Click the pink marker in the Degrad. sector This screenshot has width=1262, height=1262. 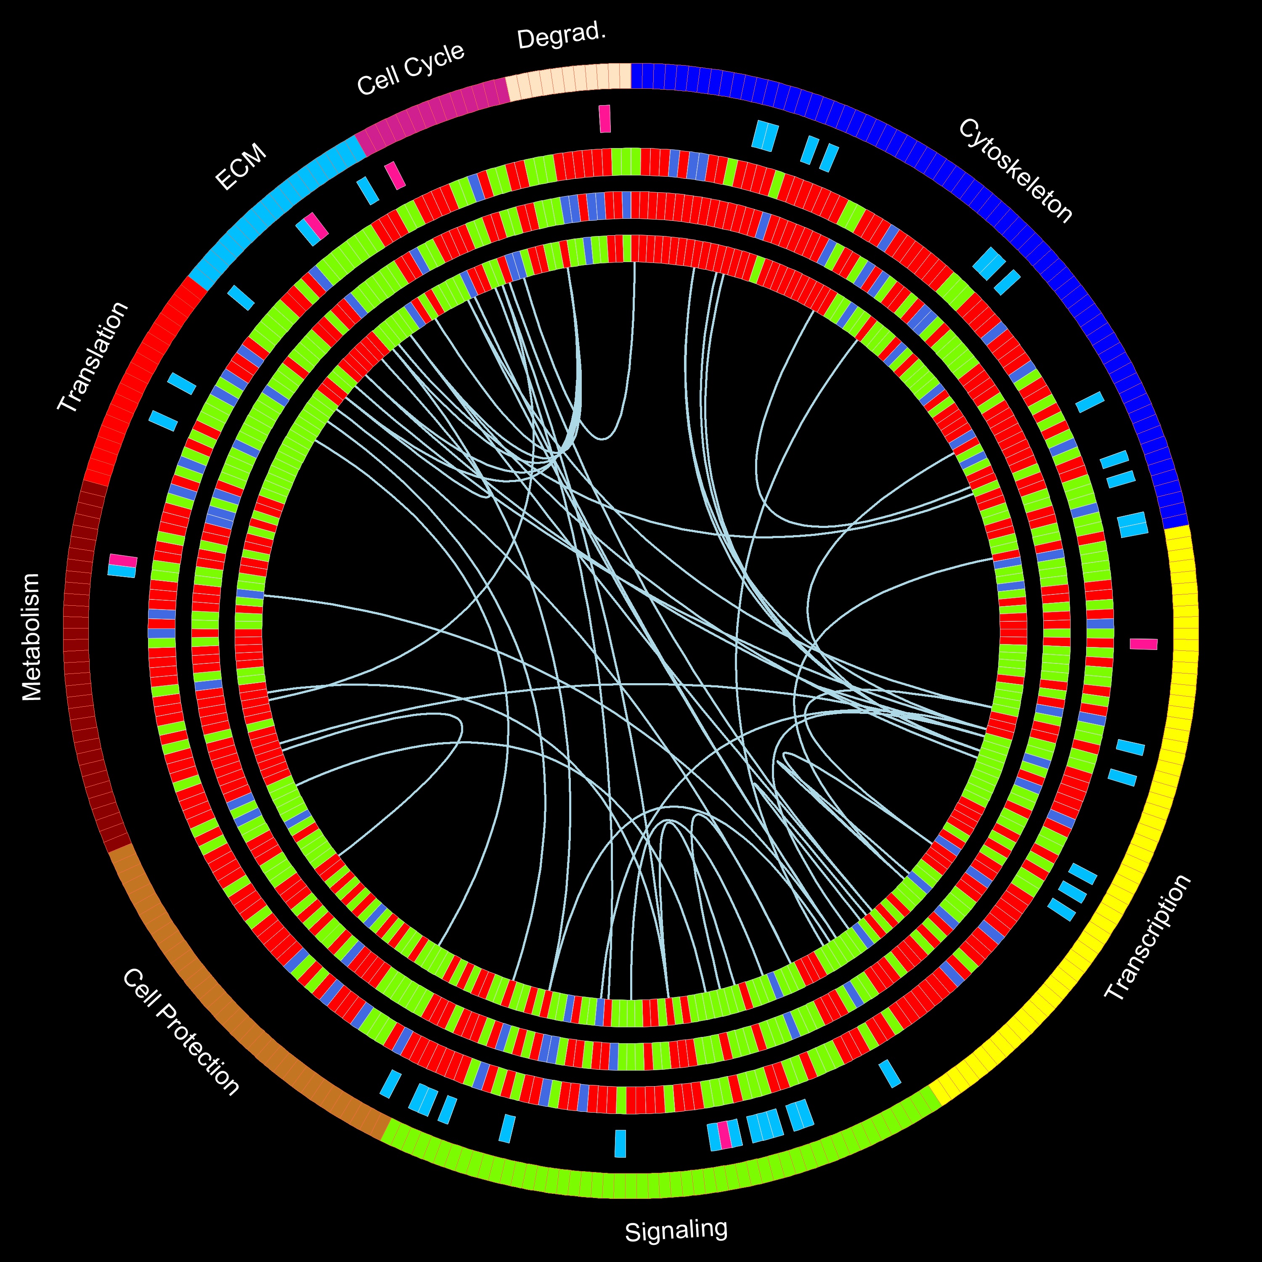(605, 119)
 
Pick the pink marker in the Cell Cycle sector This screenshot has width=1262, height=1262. (395, 175)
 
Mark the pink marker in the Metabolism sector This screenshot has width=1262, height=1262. (123, 561)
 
